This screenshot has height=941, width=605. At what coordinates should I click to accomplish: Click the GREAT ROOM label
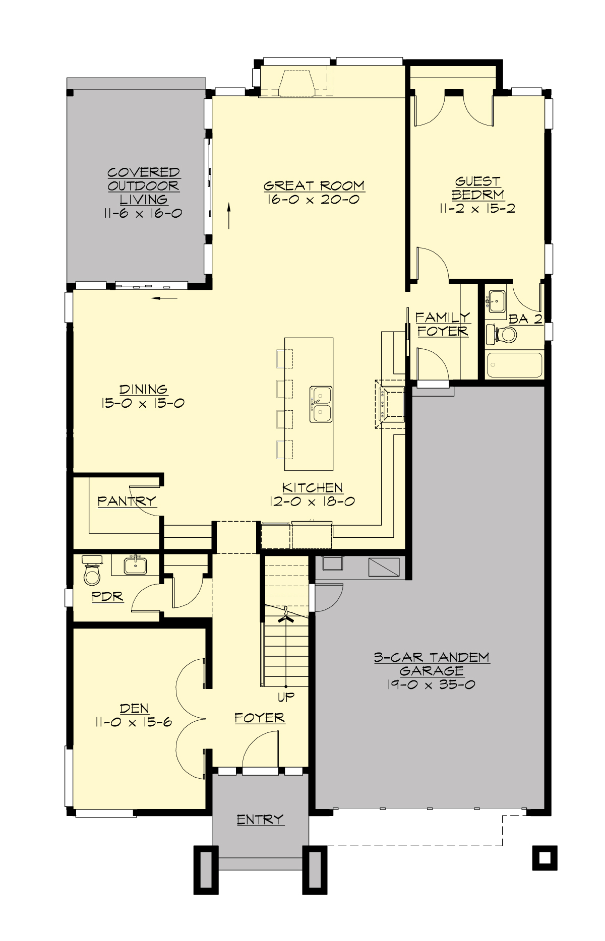click(314, 186)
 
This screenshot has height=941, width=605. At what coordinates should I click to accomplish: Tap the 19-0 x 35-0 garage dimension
click(431, 684)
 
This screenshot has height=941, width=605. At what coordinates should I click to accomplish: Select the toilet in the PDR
click(92, 572)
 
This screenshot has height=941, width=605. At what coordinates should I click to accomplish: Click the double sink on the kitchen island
click(321, 404)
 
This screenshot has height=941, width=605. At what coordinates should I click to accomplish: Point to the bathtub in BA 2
click(514, 364)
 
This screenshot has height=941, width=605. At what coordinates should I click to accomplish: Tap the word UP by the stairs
click(286, 698)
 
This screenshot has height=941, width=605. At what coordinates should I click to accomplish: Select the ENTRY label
click(260, 820)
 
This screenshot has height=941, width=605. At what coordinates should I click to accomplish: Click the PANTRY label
click(127, 501)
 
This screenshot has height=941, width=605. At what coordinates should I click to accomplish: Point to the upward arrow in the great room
click(229, 216)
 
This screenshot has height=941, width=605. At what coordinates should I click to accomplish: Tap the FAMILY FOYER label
click(443, 324)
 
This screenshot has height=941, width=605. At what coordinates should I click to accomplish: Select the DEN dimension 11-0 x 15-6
click(134, 722)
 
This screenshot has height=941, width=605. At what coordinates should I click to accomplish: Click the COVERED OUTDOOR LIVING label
click(143, 186)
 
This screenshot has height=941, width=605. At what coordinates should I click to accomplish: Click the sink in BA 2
click(497, 301)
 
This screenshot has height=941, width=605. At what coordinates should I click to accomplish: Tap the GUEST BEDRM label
click(477, 187)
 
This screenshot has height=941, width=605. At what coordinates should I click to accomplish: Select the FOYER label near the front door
click(260, 718)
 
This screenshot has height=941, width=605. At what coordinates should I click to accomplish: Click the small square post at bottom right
click(544, 858)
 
